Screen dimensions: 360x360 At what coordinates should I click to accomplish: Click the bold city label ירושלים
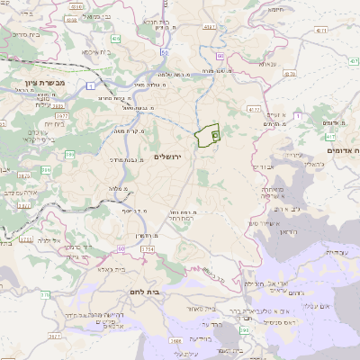point(167,157)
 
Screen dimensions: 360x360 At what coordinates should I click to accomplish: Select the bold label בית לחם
point(165,292)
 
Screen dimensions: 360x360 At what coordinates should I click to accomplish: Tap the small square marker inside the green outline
point(214,134)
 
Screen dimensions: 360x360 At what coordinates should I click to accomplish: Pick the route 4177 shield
point(253,109)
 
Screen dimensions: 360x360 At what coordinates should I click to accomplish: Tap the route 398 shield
point(245,331)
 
